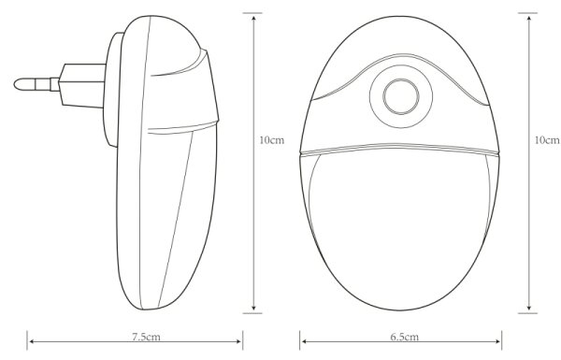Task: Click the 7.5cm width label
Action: pyautogui.click(x=146, y=337)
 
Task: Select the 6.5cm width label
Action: pyautogui.click(x=404, y=337)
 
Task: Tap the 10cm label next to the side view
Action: pyautogui.click(x=271, y=140)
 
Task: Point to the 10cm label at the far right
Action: pyautogui.click(x=547, y=140)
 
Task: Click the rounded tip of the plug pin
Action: pyautogui.click(x=17, y=84)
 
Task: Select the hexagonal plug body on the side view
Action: pyautogui.click(x=82, y=85)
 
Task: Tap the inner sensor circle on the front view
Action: pyautogui.click(x=401, y=96)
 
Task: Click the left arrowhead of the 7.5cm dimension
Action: pyautogui.click(x=32, y=341)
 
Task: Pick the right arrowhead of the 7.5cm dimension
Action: pyautogui.click(x=238, y=341)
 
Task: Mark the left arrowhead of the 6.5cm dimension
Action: pyautogui.click(x=304, y=341)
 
